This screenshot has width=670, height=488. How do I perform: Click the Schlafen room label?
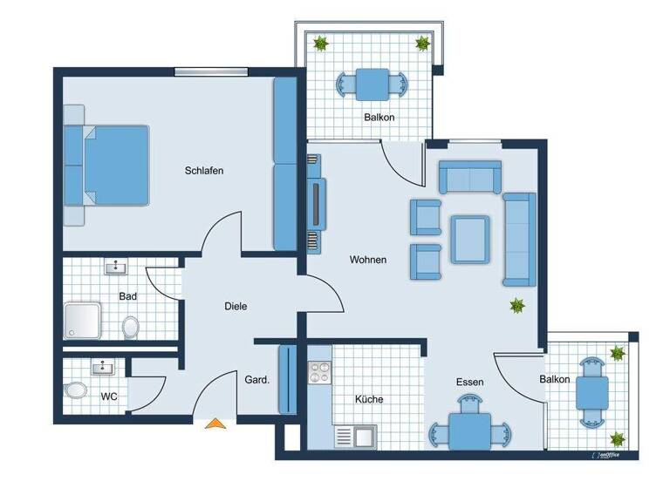point(204,171)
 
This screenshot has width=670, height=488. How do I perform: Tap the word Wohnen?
point(368,260)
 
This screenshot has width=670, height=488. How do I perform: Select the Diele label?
point(236,306)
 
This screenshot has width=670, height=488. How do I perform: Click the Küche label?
point(369,399)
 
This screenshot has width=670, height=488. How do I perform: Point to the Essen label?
point(469,382)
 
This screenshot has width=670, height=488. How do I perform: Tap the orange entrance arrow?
point(215,424)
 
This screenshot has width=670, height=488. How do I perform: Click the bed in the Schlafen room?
point(109,166)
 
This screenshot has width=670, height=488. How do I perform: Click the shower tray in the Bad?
point(84,320)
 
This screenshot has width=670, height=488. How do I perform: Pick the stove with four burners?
point(319,372)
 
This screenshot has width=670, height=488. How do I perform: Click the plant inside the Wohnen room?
point(518,305)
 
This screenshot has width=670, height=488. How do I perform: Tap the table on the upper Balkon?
point(373,85)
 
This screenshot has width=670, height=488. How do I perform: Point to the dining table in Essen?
point(470,428)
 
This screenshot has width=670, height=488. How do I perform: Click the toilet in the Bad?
point(130,327)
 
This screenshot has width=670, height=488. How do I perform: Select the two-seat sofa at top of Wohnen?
point(469,178)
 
